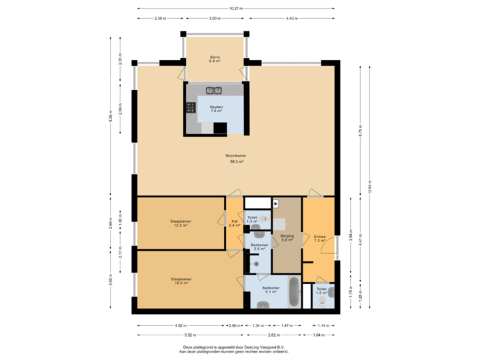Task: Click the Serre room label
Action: (x=214, y=58)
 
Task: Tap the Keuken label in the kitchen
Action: (x=216, y=109)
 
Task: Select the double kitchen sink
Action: (x=213, y=90)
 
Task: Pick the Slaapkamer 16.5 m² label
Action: (x=181, y=281)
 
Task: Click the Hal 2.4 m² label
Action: (x=234, y=224)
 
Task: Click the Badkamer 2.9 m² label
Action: (x=259, y=247)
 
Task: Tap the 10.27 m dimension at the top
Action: (x=235, y=9)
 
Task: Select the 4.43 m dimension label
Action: (x=291, y=18)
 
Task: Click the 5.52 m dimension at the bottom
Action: (x=180, y=334)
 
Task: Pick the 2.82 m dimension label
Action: (x=273, y=334)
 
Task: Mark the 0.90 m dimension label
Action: (x=235, y=325)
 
